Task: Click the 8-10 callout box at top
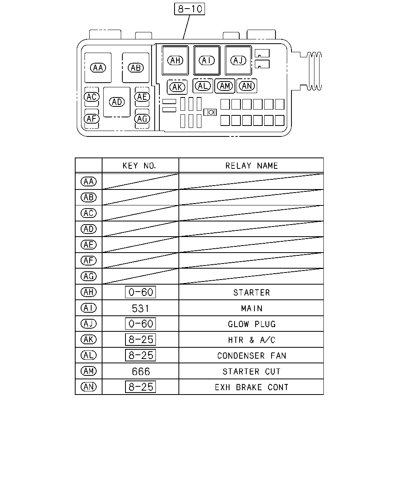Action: [189, 9]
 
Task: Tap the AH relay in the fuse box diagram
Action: [175, 60]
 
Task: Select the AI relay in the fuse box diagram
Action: [207, 60]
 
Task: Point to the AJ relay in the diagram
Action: [238, 60]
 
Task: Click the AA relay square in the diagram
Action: [98, 68]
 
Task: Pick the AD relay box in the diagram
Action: [117, 102]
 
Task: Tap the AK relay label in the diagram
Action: [177, 87]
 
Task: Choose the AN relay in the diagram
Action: [247, 86]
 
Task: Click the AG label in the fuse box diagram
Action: [142, 119]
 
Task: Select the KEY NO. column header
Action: [139, 166]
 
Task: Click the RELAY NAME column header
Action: [252, 166]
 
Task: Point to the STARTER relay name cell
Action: [252, 293]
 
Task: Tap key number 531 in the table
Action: [140, 308]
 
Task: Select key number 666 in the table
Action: [141, 372]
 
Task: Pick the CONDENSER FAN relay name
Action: [252, 356]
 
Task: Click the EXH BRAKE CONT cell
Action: [252, 387]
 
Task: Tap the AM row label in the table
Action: [88, 371]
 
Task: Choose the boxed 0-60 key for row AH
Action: [141, 292]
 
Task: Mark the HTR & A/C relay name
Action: [252, 340]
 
